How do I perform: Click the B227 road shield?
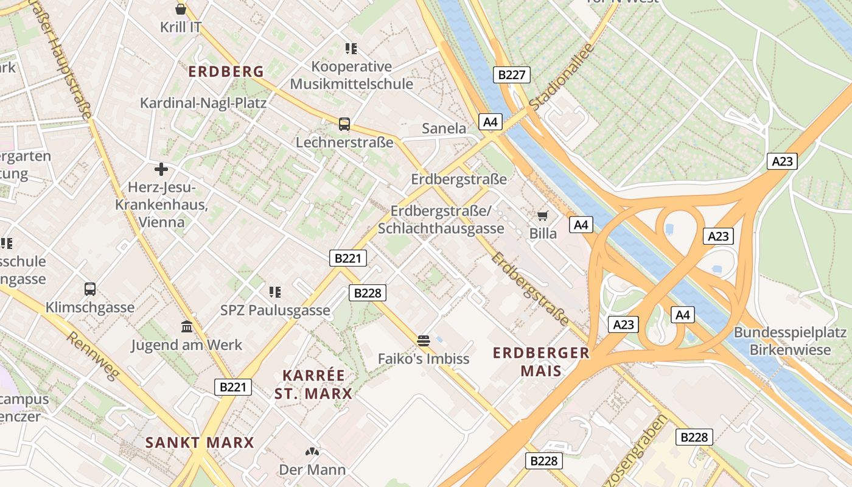tap(511, 75)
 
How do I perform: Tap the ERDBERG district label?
tap(226, 72)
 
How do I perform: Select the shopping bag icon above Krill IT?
tap(181, 9)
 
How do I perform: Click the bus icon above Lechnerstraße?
tap(344, 124)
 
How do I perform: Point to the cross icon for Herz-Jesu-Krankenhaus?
tap(161, 169)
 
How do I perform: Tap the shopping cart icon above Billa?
tap(542, 215)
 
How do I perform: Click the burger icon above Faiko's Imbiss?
tap(424, 340)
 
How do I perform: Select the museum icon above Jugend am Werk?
tap(187, 327)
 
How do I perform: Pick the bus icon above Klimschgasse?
tap(90, 289)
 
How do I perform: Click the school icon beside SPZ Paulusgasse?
tap(275, 292)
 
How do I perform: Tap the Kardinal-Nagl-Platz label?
tap(203, 103)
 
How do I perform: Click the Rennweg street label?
tap(91, 356)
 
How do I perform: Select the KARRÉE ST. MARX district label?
tap(313, 385)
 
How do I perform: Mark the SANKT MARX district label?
tap(200, 443)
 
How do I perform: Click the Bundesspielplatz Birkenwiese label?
tap(790, 341)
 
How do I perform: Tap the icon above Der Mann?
tap(312, 452)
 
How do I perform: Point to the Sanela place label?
tap(444, 128)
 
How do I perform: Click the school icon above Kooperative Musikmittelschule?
tap(351, 48)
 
